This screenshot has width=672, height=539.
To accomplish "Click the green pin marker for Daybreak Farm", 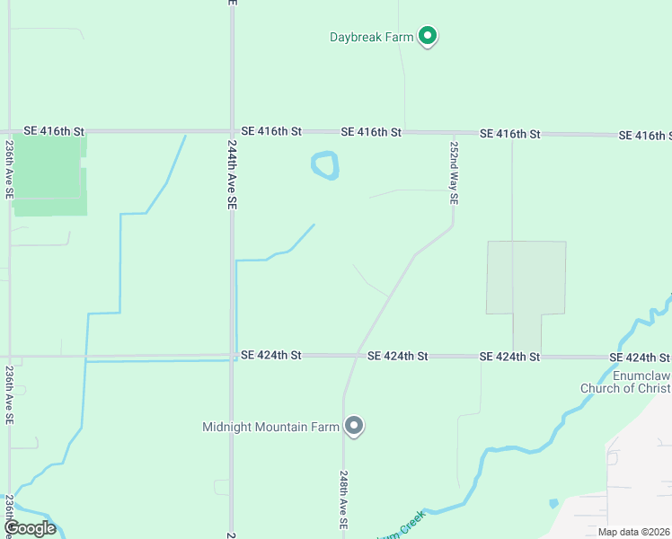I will [429, 36].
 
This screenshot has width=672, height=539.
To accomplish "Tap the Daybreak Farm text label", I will [371, 38].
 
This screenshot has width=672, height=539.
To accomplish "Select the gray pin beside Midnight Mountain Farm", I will [354, 426].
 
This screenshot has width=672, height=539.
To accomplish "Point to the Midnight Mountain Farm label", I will [270, 427].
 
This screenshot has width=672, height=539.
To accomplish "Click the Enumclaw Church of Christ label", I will [625, 381].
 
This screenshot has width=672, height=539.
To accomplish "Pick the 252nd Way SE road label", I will [455, 172].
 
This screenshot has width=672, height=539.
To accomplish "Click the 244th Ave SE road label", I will [231, 179].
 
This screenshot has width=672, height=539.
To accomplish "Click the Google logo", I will [30, 528].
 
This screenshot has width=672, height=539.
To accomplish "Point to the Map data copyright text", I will [634, 532].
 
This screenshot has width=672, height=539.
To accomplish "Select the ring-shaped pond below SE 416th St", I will [324, 165].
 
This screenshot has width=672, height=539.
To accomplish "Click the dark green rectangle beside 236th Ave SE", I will [49, 175].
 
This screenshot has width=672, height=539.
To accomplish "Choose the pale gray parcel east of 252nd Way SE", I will [526, 278].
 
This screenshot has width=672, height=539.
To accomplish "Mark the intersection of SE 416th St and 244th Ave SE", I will [232, 132].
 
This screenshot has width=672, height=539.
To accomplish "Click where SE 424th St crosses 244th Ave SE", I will [232, 357].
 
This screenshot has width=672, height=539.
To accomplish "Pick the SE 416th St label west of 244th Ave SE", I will [54, 131].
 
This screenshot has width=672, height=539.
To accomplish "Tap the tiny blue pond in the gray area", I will [553, 503].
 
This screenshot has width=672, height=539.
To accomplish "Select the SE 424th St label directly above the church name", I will [640, 357].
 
